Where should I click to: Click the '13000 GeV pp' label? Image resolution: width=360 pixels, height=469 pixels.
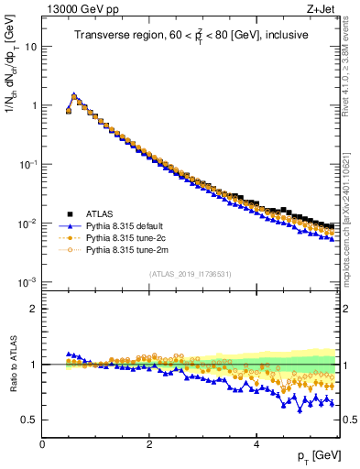tap(74, 8)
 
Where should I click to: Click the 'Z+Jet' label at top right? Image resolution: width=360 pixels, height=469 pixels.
tap(320, 8)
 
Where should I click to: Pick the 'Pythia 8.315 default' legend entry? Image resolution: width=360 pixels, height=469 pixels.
tap(127, 224)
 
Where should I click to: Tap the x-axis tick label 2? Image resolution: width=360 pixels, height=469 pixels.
tap(148, 445)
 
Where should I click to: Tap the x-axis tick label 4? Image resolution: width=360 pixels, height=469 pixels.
tap(256, 445)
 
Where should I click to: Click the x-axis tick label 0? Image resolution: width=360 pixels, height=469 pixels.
tap(42, 445)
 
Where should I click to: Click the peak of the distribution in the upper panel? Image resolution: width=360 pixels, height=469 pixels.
tap(74, 94)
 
